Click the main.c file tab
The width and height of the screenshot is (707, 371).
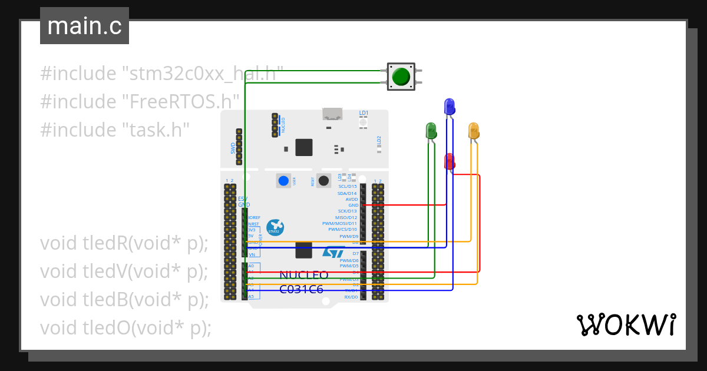84,26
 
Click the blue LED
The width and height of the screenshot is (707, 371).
449,107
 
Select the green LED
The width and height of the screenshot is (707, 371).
431,130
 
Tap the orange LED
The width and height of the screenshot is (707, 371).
474,130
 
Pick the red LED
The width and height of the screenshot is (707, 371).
449,161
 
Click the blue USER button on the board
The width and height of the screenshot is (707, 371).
285,181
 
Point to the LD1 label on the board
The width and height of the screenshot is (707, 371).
364,113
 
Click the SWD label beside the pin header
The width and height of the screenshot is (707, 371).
233,148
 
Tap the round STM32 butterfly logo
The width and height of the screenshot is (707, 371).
275,227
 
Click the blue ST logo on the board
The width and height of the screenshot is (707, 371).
333,252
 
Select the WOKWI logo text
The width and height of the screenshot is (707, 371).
626,325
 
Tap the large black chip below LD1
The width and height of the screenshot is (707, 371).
304,147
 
